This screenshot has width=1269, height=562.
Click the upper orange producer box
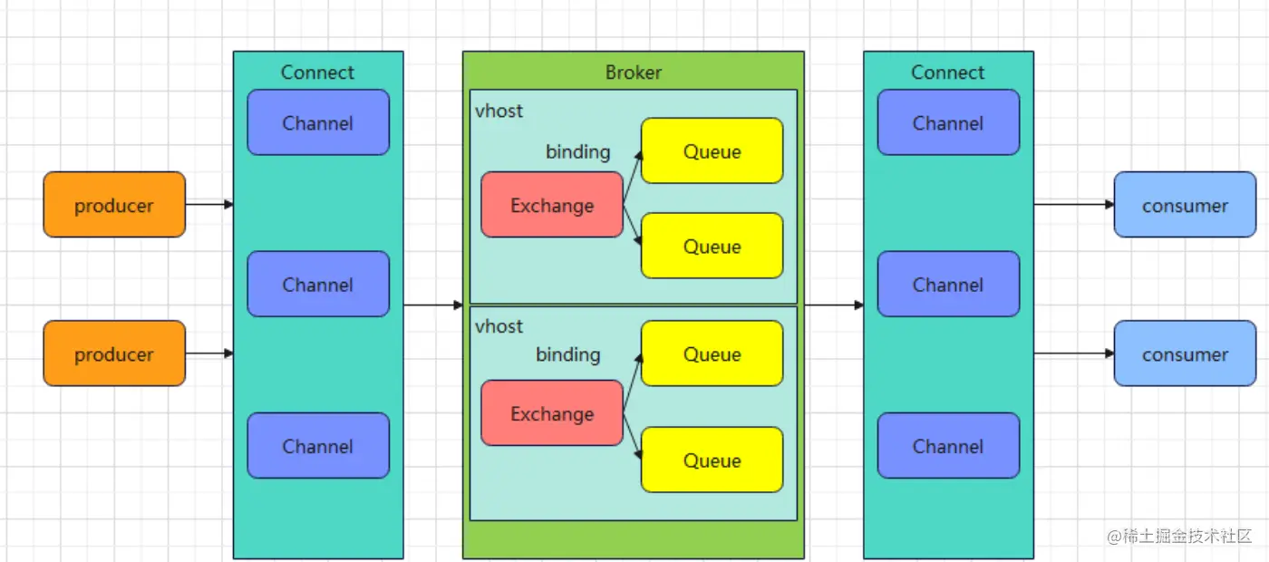coord(114,205)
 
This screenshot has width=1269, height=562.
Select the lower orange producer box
coord(114,354)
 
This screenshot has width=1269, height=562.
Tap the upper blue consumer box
coord(1185,205)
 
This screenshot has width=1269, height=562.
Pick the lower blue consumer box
coord(1185,354)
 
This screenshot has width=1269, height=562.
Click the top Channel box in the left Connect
coord(318,122)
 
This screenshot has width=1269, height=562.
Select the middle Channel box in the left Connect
coord(318,284)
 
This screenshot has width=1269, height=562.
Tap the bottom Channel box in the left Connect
coord(318,446)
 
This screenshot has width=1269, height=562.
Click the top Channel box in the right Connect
coord(948,122)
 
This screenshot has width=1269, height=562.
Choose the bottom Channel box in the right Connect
coord(948,446)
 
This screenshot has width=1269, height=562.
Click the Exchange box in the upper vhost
coord(552,205)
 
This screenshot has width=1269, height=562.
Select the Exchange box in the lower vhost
coord(552,413)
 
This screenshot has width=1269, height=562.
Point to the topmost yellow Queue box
coord(712,151)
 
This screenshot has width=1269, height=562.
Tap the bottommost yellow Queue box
coord(712,460)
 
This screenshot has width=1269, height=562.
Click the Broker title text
coord(634,73)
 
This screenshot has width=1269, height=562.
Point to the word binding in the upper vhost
coord(577,151)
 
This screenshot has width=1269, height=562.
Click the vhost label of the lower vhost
coord(499,326)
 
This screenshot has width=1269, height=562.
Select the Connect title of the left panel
coord(317,73)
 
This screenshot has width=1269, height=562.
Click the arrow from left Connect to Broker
coord(433,305)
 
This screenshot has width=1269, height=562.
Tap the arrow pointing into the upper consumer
coord(1074,205)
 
